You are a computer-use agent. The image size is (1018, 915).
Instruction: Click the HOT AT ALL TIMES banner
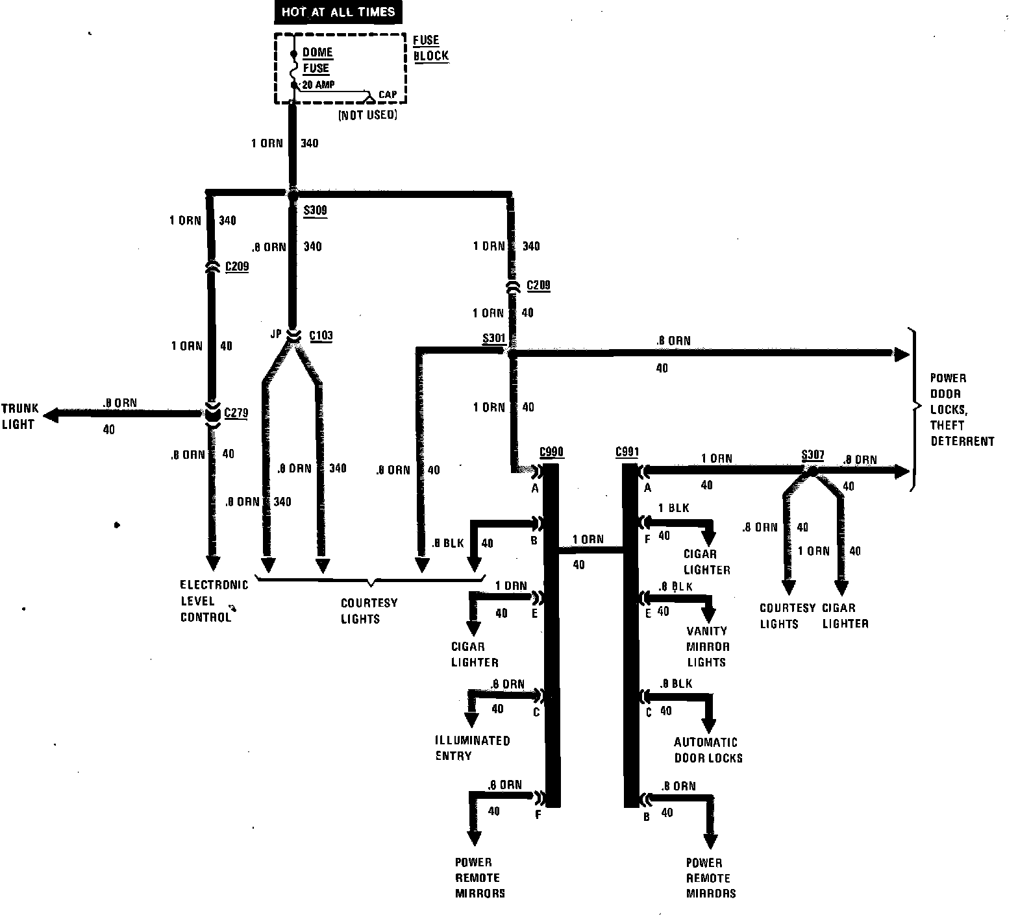coord(338,12)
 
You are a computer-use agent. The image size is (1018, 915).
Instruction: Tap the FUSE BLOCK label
coord(430,48)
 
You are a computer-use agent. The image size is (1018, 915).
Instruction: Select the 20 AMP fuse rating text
coord(319,85)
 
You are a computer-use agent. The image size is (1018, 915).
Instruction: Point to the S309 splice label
coord(316,210)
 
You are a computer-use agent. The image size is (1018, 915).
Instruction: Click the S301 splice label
coord(494,339)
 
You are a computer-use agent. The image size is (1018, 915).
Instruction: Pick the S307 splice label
coord(812,455)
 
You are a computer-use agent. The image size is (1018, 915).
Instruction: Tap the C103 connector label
coord(321,335)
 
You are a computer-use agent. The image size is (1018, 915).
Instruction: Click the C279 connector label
coord(236,413)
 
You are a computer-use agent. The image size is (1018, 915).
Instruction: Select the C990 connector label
coord(551,452)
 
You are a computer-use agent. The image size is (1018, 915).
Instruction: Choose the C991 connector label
coord(627,452)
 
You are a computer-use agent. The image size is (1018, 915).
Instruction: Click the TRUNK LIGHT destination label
coord(19,417)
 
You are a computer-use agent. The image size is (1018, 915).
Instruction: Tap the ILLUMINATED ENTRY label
coord(472,748)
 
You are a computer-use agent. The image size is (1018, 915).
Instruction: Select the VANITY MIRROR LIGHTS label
coord(707,646)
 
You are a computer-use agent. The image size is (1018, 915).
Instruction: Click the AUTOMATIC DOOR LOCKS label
coord(708,750)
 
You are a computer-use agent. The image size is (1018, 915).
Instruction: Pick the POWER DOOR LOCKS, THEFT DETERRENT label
coord(962,409)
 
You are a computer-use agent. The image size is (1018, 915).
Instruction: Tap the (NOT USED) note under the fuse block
coord(367,116)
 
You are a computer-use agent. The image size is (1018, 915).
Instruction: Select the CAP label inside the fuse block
coord(388,95)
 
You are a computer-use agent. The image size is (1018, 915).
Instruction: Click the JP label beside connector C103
coord(276,334)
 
